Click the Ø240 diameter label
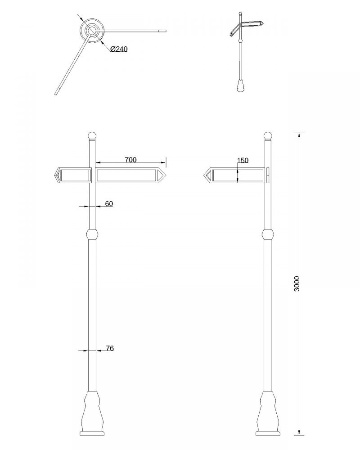pyautogui.click(x=118, y=49)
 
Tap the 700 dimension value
pyautogui.click(x=130, y=160)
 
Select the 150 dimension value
pyautogui.click(x=243, y=160)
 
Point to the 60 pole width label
pyautogui.click(x=109, y=204)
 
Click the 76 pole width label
pyautogui.click(x=110, y=348)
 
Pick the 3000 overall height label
pyautogui.click(x=297, y=283)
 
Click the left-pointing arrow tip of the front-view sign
pyautogui.click(x=55, y=175)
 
